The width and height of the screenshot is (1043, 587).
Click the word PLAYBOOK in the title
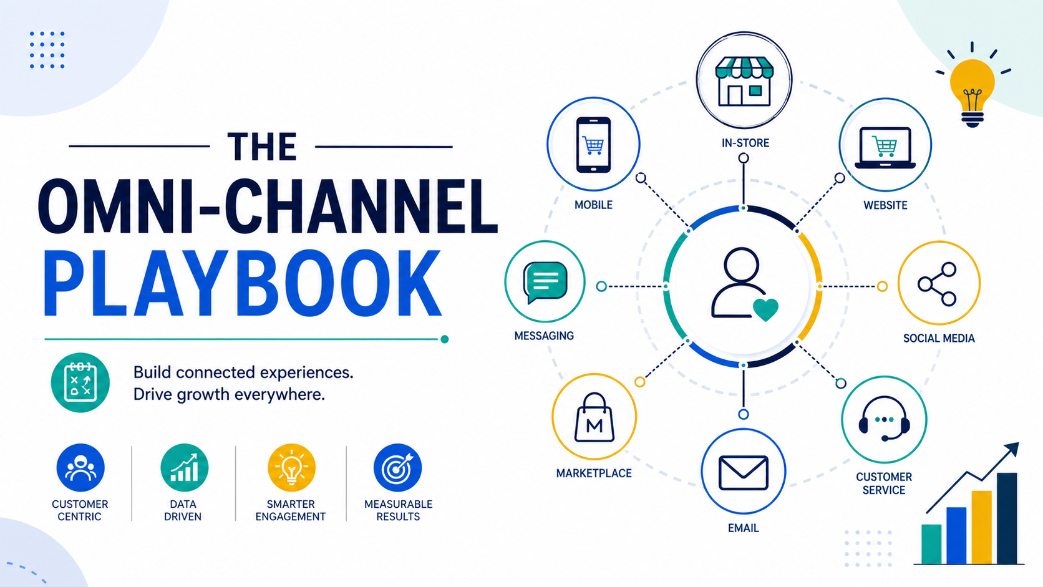(x=242, y=283)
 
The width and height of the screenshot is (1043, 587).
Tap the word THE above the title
(x=262, y=147)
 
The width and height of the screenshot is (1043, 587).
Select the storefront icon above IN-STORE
(x=744, y=82)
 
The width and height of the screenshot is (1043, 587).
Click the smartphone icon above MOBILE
(x=593, y=145)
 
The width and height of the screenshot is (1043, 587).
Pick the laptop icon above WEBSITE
(x=885, y=148)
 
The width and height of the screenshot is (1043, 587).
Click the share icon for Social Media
(x=938, y=283)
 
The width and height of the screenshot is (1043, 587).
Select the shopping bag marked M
(x=594, y=417)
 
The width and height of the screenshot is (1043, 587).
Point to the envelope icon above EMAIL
(x=743, y=473)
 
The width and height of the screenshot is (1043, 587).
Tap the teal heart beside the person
(x=765, y=309)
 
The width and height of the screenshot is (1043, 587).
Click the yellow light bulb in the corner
(x=973, y=92)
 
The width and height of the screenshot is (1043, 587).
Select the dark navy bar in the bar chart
(x=1007, y=518)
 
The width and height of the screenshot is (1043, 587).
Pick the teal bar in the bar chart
(x=931, y=544)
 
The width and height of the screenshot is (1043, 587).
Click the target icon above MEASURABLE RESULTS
(x=397, y=468)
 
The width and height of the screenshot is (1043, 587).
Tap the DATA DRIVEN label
(x=183, y=510)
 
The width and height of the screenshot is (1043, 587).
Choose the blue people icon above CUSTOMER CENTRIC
(x=80, y=468)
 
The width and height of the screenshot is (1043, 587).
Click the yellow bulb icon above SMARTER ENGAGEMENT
(x=291, y=468)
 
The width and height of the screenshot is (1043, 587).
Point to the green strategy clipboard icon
(x=80, y=382)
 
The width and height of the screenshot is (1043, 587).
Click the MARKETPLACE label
(x=594, y=473)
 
